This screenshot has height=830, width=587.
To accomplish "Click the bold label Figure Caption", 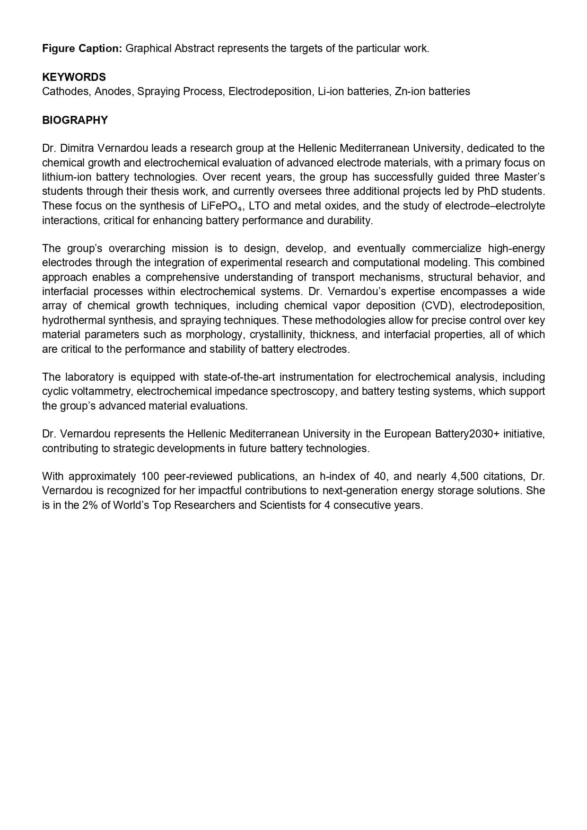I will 82,48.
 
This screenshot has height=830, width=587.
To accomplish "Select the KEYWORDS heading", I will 74,77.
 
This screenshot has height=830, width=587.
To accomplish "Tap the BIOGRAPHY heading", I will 75,120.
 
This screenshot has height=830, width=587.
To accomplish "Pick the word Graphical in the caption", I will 148,48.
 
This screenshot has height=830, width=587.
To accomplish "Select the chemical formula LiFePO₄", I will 219,206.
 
